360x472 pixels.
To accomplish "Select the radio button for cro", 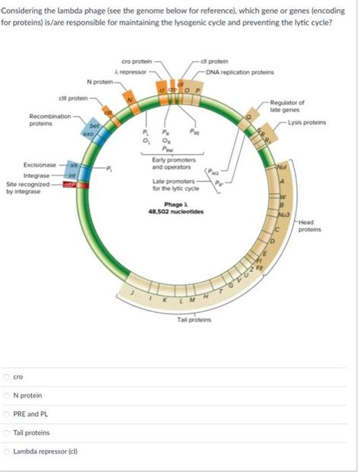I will click(8, 376).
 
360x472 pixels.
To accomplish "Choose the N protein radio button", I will click(8, 395).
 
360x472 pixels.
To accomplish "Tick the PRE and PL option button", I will click(8, 414).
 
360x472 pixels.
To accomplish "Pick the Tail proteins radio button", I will click(8, 433).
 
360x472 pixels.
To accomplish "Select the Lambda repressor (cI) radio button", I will click(8, 452).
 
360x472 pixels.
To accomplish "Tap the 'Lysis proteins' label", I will click(308, 122).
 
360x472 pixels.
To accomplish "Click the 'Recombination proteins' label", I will click(28, 120).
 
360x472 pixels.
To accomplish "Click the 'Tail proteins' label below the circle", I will click(193, 320).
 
